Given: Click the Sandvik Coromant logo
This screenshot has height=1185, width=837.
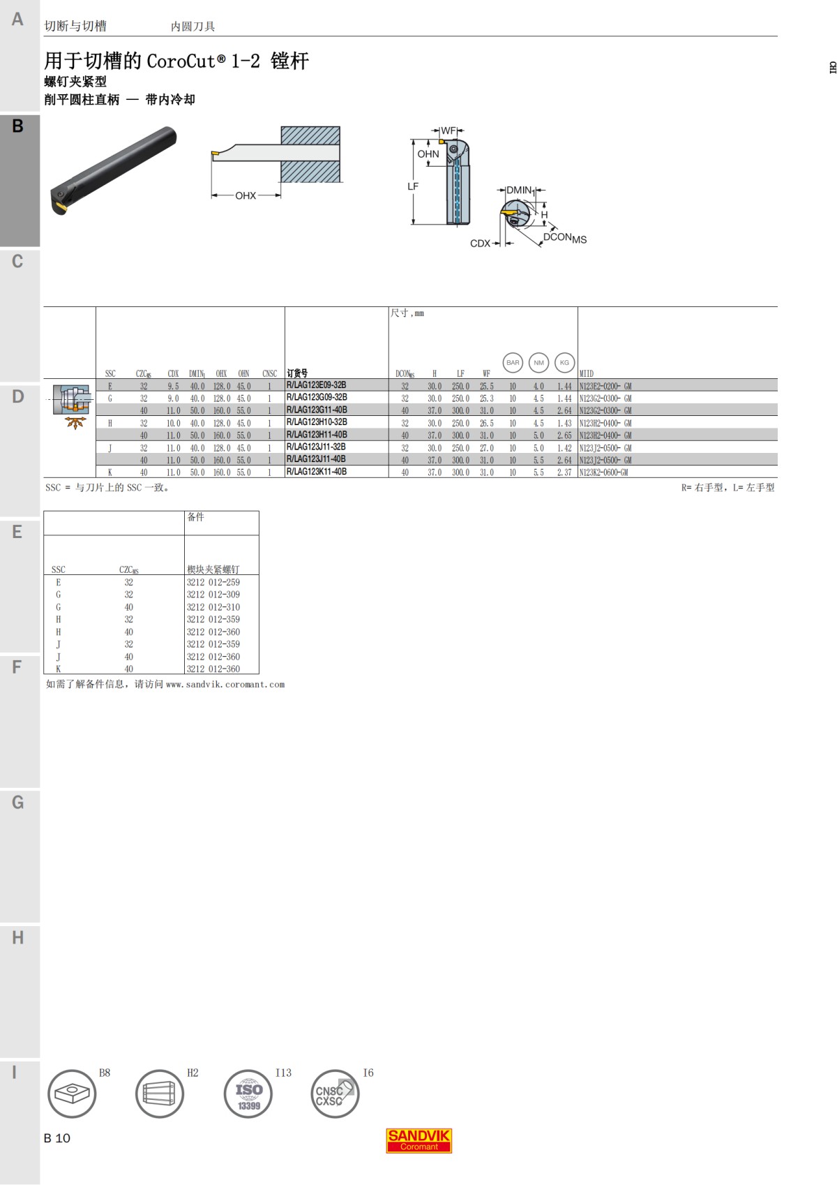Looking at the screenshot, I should [418, 1140].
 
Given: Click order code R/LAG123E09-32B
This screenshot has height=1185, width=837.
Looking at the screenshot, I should [316, 385].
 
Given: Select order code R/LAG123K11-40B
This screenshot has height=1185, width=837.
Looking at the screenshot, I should [317, 472].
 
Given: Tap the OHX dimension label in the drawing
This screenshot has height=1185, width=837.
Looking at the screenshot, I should [246, 195].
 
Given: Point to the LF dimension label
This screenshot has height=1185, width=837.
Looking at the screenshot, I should [413, 186].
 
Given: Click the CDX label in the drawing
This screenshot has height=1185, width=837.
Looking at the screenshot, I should [480, 244].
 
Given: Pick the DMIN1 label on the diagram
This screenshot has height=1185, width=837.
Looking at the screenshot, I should [520, 190].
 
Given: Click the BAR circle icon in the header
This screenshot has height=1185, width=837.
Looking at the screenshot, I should [513, 362].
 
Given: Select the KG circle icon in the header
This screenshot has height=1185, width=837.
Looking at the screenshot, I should [564, 362].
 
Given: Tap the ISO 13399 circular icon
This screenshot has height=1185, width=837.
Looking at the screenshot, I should [248, 1094].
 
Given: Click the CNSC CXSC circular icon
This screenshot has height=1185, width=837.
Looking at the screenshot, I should [334, 1094].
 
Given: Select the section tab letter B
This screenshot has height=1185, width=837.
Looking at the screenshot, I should [17, 126].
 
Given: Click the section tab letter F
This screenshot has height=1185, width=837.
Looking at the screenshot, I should [17, 667].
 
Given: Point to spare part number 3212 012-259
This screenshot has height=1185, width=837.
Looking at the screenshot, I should [213, 582].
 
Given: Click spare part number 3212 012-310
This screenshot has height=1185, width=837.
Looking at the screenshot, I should [213, 607].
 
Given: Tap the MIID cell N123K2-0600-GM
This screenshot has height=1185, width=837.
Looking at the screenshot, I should [603, 472].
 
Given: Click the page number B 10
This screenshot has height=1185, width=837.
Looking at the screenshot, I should [57, 1138].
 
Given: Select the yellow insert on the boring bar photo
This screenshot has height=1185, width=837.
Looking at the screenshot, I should [60, 208].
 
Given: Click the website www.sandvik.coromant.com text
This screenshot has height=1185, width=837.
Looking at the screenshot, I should [225, 685].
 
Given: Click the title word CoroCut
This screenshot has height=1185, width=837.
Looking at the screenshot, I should [181, 61].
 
